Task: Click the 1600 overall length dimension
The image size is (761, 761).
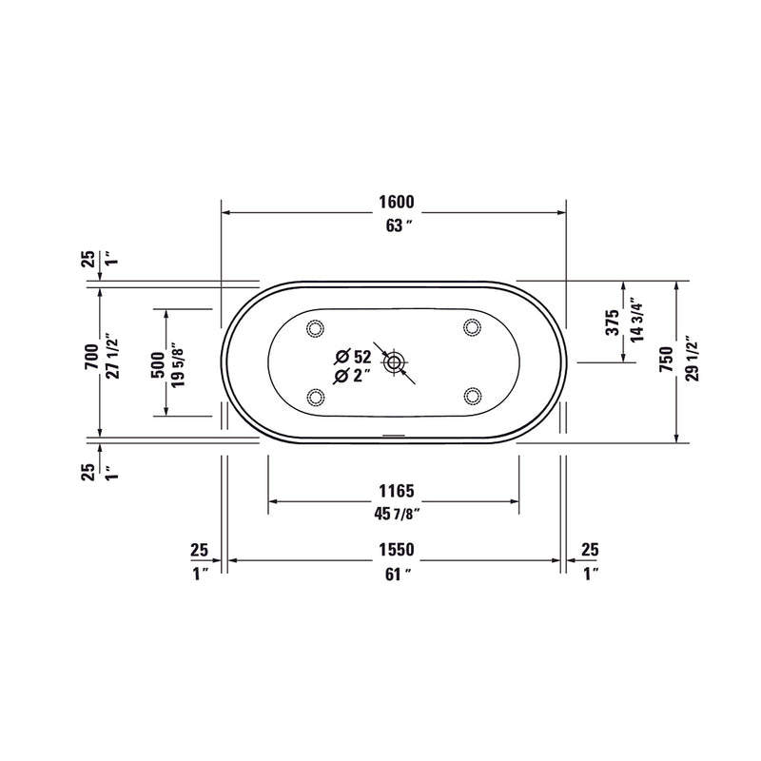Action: tap(394, 202)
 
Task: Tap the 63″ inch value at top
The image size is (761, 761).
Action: tap(394, 225)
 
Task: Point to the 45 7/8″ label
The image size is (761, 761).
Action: tap(394, 515)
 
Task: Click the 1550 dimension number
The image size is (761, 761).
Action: tap(394, 550)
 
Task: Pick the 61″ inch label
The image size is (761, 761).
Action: tap(394, 574)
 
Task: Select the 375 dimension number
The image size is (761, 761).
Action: tap(613, 320)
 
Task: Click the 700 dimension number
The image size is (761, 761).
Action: tap(90, 356)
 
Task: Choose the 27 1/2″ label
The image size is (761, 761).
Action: tap(113, 356)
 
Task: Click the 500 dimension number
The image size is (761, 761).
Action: tap(157, 361)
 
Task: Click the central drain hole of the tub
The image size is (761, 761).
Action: tap(394, 361)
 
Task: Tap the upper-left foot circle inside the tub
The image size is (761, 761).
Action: tap(316, 328)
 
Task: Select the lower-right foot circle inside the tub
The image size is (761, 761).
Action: tap(471, 396)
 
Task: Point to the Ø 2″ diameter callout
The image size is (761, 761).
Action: tap(352, 377)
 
